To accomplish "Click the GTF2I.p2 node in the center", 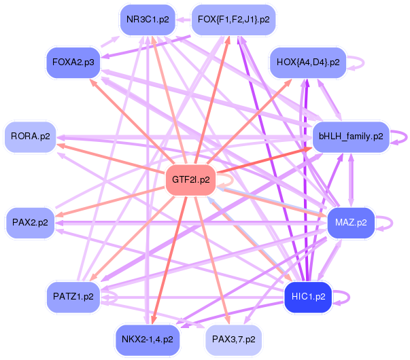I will click(x=190, y=180).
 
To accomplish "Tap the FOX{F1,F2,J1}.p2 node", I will click(x=233, y=19).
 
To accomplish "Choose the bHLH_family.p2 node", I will click(x=349, y=137).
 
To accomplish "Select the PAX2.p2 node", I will click(x=31, y=222).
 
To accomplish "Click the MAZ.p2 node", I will click(x=351, y=221).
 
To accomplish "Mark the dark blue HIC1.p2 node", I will click(x=307, y=297).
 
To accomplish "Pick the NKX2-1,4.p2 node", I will click(x=147, y=338).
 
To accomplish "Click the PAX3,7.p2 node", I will click(x=233, y=338).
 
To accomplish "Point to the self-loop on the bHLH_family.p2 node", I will click(x=405, y=137).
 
